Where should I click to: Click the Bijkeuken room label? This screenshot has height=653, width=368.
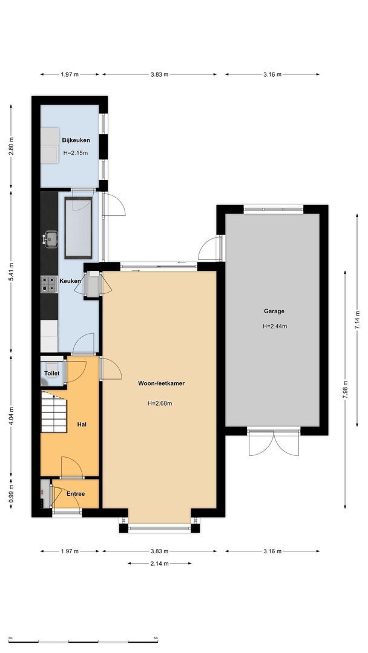pos(76,140)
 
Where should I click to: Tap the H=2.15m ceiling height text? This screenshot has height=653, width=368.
pos(76,153)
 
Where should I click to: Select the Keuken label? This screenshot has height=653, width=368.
pos(70,281)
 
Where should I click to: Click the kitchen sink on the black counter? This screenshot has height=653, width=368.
pos(50,240)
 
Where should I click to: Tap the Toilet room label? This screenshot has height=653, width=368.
pos(52,374)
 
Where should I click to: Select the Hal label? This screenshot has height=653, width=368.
pos(82,424)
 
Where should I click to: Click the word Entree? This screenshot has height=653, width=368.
pos(76,494)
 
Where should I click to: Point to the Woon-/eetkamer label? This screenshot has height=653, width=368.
pos(159,382)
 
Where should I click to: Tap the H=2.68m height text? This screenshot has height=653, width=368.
pos(159,403)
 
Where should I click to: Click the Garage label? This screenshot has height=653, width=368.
pos(274,311)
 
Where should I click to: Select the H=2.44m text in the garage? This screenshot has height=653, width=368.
pos(274,326)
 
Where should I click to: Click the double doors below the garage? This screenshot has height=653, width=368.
pos(274,444)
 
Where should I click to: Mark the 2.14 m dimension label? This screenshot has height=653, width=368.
pos(160,564)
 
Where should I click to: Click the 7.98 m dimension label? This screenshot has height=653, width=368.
pos(346,387)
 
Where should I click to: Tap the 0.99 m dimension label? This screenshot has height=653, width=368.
pos(11,495)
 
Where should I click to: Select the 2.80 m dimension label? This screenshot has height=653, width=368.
pos(11,146)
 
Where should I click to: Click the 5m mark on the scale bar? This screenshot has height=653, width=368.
pos(156,638)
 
